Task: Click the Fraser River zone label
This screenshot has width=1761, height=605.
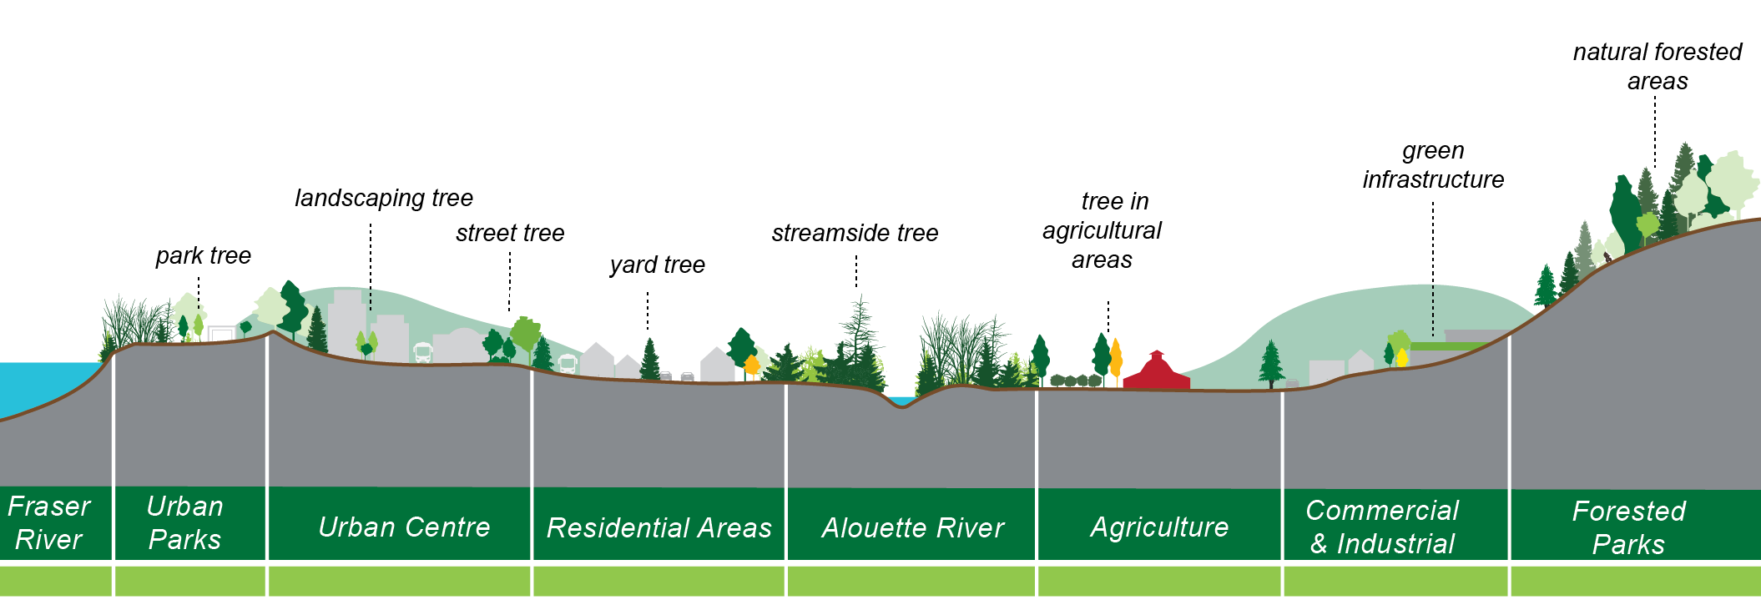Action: pos(48,523)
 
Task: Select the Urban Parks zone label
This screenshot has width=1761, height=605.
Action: pos(184,523)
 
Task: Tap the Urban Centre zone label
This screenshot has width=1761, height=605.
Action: pos(404,527)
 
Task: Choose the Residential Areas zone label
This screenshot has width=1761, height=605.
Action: pos(658,528)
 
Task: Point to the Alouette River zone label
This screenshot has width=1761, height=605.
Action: pos(913,528)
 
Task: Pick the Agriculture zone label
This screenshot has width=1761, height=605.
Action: pos(1159,527)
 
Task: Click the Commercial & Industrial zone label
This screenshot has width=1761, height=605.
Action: pos(1382,527)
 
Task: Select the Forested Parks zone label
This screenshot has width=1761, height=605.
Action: pos(1628,527)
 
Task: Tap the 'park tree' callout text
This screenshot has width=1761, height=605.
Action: pos(203,255)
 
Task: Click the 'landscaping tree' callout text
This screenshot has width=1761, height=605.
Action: pos(384,198)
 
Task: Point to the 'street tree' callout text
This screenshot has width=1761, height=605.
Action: pos(510,233)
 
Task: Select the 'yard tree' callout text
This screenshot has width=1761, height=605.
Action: pos(658,265)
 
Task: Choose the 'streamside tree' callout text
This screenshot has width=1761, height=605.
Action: pos(855,233)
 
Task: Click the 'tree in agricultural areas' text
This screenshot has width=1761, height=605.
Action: pos(1103,230)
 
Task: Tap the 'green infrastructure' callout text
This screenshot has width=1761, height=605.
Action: pos(1433,165)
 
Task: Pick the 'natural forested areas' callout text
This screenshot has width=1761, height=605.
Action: pos(1658,67)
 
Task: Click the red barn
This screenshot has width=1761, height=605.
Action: pos(1157,373)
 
